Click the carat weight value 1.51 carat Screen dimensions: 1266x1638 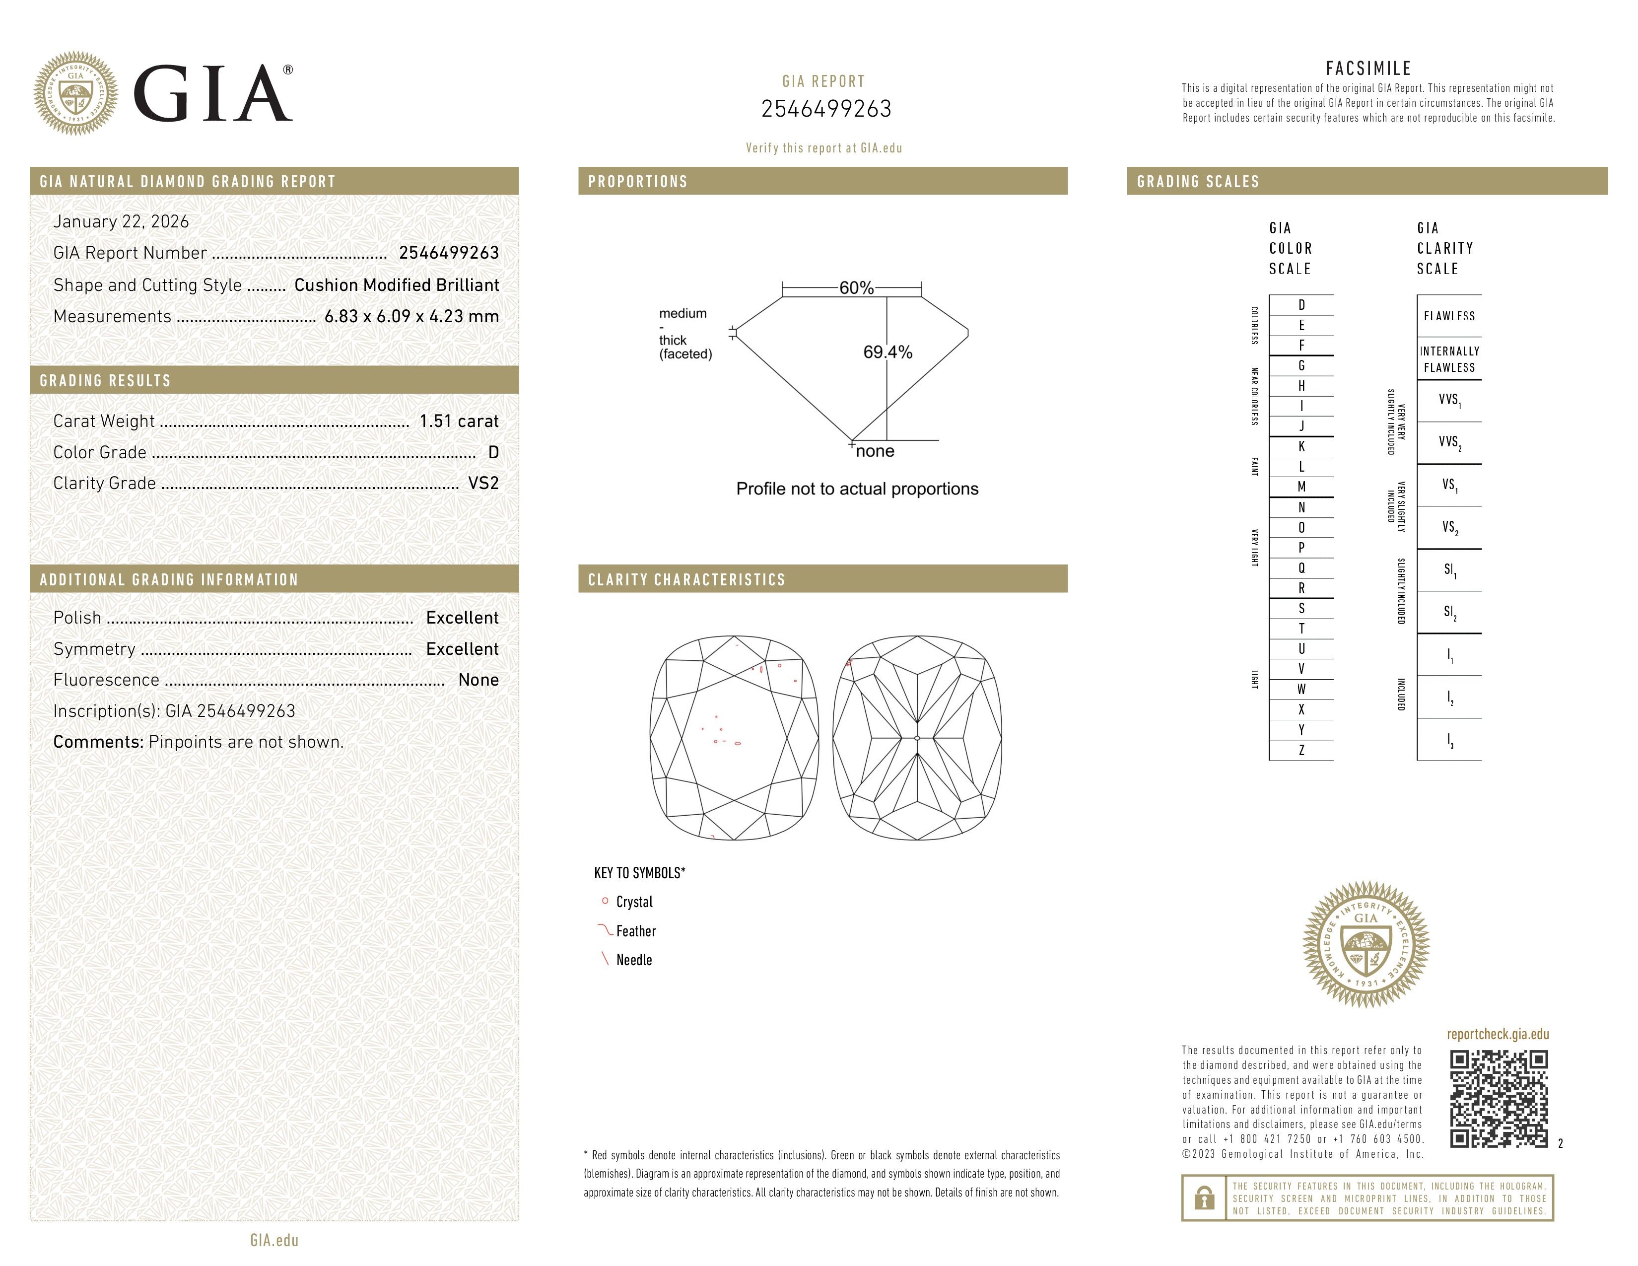coord(458,422)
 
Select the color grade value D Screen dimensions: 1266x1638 coord(493,452)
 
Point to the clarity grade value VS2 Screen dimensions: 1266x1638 coord(483,483)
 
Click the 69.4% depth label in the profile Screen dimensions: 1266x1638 coord(887,352)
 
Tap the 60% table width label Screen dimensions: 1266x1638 coord(856,288)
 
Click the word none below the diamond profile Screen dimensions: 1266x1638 coord(875,451)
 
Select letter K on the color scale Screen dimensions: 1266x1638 coord(1301,446)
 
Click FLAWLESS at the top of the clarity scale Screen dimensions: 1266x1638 coord(1449,316)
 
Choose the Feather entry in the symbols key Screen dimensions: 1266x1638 coord(635,931)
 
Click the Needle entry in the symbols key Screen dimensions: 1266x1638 coord(634,960)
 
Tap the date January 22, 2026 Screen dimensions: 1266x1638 coord(121,221)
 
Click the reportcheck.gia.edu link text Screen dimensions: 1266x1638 coord(1497,1034)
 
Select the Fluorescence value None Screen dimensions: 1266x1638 coord(478,680)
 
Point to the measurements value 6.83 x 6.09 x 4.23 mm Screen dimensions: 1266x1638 coord(411,317)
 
